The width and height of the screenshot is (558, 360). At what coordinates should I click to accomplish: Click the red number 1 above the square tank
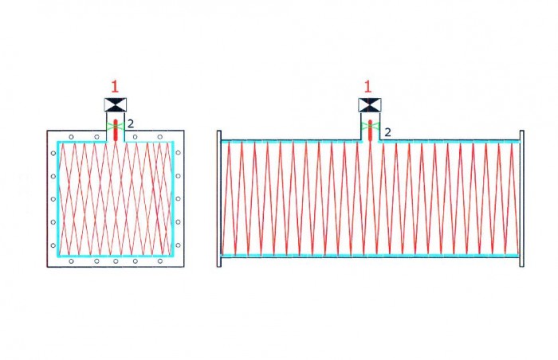tap(115, 87)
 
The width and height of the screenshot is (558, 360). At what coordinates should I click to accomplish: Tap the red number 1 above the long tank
tap(367, 87)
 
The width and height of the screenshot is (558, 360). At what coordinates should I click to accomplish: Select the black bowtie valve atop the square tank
tap(116, 105)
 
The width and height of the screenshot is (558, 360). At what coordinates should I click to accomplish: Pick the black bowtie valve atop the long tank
tap(370, 105)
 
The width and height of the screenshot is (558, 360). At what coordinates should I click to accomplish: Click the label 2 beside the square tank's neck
tap(131, 123)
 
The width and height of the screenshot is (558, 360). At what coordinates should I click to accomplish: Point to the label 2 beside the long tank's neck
tap(388, 132)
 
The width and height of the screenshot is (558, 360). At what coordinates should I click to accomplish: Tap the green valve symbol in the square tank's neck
tap(116, 126)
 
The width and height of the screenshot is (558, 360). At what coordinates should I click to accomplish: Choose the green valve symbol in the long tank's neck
tap(370, 127)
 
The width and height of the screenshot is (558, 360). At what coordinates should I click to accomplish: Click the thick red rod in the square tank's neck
tap(116, 130)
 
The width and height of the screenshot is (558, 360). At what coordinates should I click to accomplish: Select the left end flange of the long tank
tap(219, 198)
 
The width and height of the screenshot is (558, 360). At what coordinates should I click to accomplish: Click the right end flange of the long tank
tap(521, 198)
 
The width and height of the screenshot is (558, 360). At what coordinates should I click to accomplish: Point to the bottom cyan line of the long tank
tap(370, 256)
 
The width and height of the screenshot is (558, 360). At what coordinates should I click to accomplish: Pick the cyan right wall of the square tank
tap(173, 198)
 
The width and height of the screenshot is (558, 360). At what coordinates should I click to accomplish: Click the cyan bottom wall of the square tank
tap(116, 256)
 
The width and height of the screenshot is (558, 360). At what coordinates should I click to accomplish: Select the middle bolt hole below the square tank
tap(116, 261)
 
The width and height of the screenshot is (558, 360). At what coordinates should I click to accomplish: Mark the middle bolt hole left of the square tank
tap(53, 199)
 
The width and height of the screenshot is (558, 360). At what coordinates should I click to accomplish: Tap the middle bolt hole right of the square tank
tap(178, 199)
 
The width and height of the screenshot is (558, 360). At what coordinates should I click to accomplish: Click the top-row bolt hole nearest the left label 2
tap(136, 137)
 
